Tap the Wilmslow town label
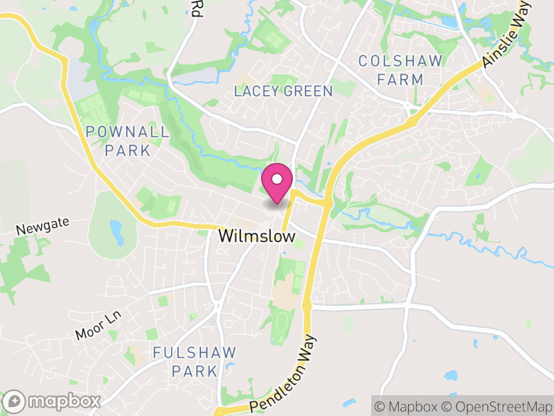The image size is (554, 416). [257, 236]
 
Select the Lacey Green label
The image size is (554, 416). [283, 91]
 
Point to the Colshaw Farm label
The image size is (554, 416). [400, 70]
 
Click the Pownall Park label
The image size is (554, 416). [127, 140]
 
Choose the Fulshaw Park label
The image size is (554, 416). [195, 361]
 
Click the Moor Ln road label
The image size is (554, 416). [98, 325]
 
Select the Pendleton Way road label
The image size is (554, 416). [283, 375]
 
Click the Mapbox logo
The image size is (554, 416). [54, 401]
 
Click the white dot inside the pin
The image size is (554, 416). [277, 179]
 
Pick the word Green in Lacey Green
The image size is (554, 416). [310, 91]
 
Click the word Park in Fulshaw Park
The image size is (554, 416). [195, 371]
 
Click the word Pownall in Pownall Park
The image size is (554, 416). [127, 131]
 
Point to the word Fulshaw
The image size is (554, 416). [195, 352]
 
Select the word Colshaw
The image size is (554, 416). [400, 61]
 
